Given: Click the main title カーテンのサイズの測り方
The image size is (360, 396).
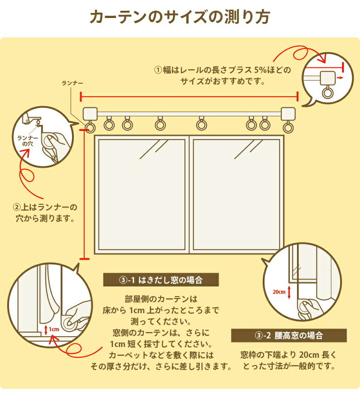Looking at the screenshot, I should (180, 17).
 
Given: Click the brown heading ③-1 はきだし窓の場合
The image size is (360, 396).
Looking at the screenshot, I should (161, 280).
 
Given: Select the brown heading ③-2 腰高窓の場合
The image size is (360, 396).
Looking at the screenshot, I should (288, 335).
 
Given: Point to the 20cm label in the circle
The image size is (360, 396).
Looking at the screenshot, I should (279, 292).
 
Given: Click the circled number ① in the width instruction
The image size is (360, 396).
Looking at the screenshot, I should (158, 70).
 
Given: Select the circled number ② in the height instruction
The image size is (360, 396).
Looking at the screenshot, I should (17, 207).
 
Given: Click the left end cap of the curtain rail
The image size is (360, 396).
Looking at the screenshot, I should (91, 113).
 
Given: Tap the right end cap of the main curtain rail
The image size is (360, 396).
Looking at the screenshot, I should (287, 113).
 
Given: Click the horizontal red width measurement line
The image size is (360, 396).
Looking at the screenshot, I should (189, 96).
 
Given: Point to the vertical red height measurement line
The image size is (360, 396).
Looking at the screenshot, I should (84, 193).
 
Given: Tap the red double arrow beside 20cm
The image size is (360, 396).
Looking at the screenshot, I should (289, 292).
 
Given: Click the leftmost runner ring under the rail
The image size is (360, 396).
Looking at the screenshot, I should (90, 128).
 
